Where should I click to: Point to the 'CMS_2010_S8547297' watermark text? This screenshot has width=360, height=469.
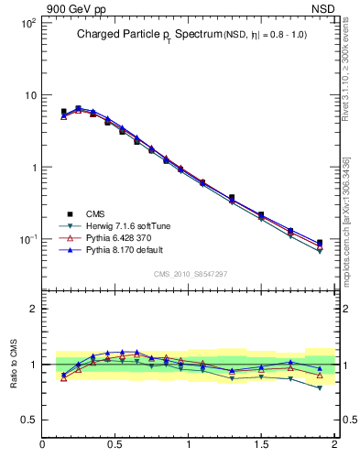click(190, 274)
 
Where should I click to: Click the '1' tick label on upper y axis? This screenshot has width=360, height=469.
click(30, 168)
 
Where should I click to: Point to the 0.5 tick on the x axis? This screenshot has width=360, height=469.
click(115, 446)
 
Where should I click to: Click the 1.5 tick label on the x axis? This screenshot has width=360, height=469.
click(261, 446)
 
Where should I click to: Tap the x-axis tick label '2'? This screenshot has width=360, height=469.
click(333, 446)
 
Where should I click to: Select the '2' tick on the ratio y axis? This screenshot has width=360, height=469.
click(31, 309)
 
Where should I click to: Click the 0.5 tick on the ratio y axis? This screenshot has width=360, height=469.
click(27, 420)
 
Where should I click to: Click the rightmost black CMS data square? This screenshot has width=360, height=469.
click(319, 243)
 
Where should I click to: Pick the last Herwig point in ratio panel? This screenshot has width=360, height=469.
click(319, 387)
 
